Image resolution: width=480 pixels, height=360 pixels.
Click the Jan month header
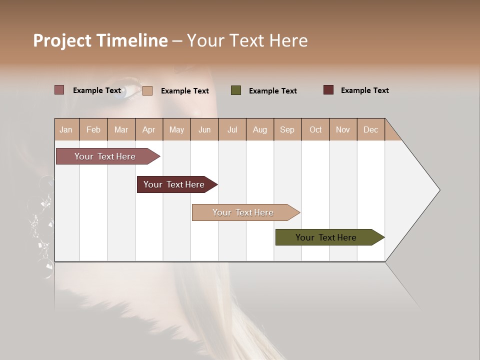tap(66, 129)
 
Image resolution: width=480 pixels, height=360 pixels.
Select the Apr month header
tap(148, 129)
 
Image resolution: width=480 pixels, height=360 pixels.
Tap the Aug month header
tap(259, 129)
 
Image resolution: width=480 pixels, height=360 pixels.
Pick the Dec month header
tap(370, 129)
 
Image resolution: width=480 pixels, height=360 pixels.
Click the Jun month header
tap(204, 129)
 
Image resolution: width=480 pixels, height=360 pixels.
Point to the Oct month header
tap(315, 129)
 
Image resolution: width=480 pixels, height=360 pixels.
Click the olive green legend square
tap(236, 90)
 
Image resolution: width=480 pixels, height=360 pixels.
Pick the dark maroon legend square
tap(328, 90)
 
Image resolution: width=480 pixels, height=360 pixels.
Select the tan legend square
tap(147, 90)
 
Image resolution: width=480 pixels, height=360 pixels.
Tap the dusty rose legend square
tap(59, 90)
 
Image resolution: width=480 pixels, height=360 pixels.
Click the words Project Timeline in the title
tap(100, 40)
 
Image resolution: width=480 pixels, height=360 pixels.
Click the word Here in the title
tap(288, 40)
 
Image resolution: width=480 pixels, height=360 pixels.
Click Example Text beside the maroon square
tap(364, 90)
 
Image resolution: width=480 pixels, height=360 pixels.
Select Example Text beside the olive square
tap(272, 91)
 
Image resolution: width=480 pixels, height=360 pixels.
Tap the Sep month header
tap(287, 129)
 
